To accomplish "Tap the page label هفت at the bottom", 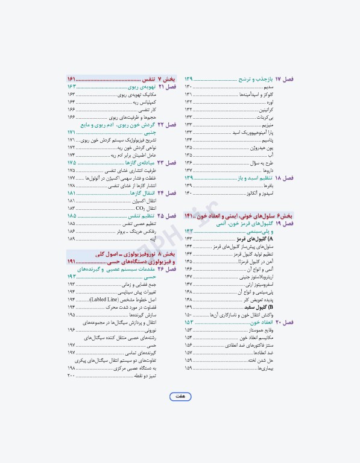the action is (180, 396).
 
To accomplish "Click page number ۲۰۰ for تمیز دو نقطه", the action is (71, 376).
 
